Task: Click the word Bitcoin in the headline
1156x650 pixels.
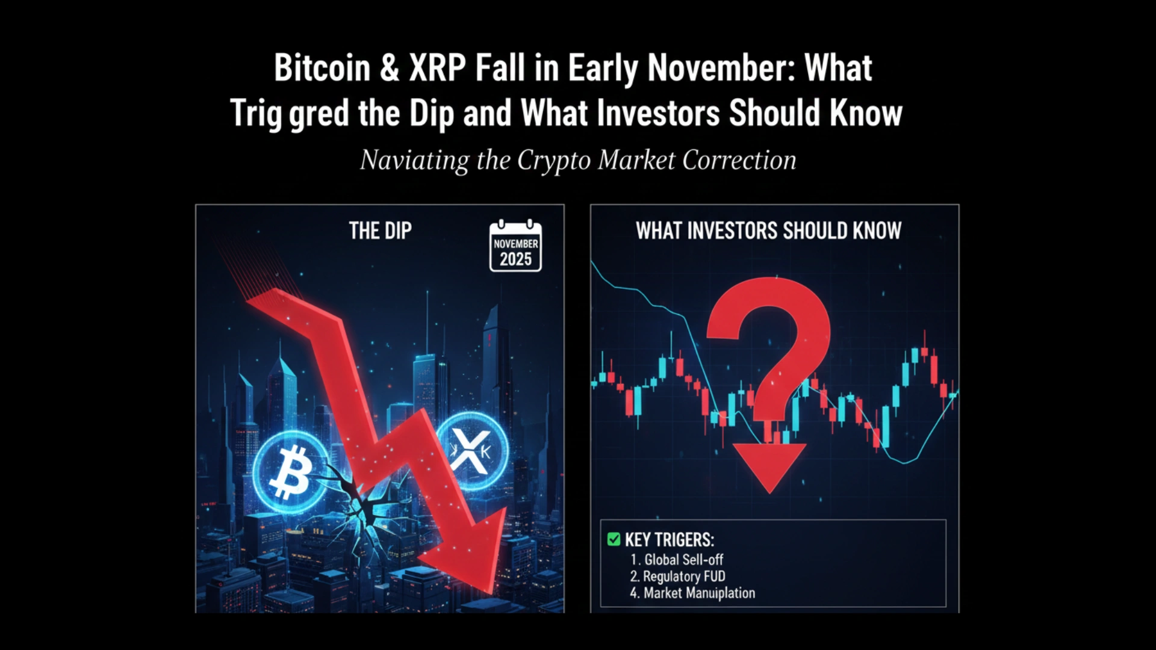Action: pos(322,67)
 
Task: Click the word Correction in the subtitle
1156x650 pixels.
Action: pos(739,160)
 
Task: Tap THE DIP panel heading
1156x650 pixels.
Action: pos(381,231)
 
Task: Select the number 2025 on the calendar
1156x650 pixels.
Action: pos(515,259)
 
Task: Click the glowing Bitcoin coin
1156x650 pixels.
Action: pos(290,472)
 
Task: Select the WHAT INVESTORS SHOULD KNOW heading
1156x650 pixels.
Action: pos(769,231)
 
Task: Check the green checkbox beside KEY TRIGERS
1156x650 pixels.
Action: pos(614,539)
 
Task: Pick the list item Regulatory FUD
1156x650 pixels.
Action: pos(678,577)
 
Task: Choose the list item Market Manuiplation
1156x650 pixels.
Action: pos(693,593)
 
